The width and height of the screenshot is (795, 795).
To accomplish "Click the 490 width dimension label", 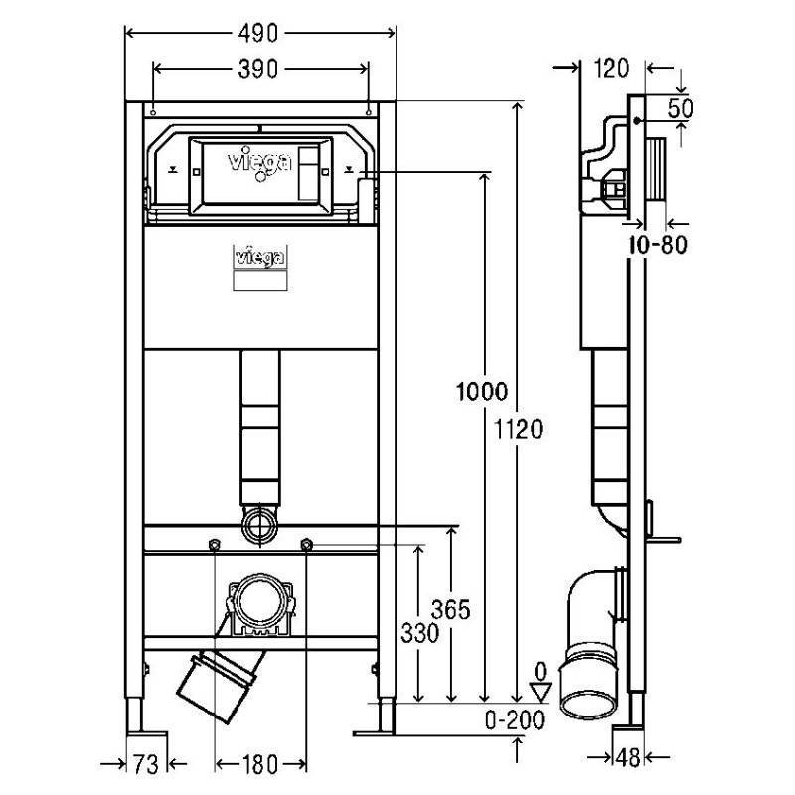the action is pyautogui.click(x=258, y=34).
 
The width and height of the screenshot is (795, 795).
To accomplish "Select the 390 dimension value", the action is pyautogui.click(x=258, y=69).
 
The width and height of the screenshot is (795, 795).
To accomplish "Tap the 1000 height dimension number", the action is pyautogui.click(x=481, y=392).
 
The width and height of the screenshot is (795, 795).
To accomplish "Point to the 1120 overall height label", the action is pyautogui.click(x=518, y=430).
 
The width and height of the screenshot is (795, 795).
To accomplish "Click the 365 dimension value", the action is pyautogui.click(x=451, y=609).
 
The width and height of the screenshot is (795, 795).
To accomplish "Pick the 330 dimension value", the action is pyautogui.click(x=419, y=633).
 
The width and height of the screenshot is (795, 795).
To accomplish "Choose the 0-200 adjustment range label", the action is pyautogui.click(x=515, y=719).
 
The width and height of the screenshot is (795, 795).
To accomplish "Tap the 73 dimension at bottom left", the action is pyautogui.click(x=146, y=764).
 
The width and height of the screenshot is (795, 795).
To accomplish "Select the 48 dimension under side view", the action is pyautogui.click(x=628, y=758).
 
